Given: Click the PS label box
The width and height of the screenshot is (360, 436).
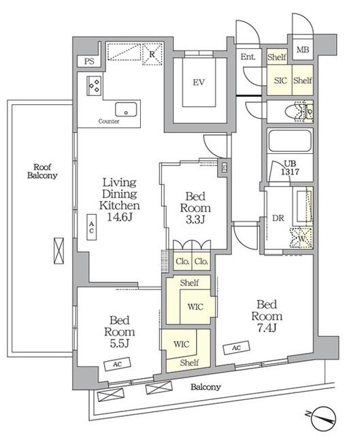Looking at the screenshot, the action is tap(89, 61).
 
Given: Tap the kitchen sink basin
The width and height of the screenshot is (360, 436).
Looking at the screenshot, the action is tap(126, 109).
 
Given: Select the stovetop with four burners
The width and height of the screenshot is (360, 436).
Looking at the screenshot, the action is tap(94, 86).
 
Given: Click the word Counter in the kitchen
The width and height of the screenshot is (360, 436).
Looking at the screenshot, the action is tap(109, 121).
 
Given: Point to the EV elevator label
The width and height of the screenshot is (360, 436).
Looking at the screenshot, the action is tap(199, 82).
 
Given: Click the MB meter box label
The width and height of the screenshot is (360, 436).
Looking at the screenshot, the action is tap(303, 50).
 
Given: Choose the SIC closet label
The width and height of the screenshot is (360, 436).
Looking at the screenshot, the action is tap(280, 80).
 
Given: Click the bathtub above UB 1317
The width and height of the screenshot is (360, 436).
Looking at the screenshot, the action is tap(289, 141).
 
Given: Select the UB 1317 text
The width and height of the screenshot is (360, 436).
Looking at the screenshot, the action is tap(290, 168).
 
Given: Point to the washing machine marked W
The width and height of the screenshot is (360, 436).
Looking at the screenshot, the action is tap(301, 238).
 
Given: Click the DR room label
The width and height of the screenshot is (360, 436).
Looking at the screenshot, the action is tap(278, 218).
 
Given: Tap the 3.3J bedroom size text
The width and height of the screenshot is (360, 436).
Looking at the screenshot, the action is tap(195, 219).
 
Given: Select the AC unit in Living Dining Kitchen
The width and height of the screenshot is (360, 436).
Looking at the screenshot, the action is tap(92, 227).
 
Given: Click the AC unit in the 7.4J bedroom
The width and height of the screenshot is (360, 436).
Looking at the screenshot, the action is tap(236, 348).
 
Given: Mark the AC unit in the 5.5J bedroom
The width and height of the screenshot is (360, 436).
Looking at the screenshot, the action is tap(117, 364).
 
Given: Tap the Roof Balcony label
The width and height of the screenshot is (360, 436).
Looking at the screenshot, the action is tap(42, 171).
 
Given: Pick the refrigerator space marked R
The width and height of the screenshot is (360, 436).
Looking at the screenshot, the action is tap(152, 54).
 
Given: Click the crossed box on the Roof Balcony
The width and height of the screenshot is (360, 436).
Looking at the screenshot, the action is tap(59, 251).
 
